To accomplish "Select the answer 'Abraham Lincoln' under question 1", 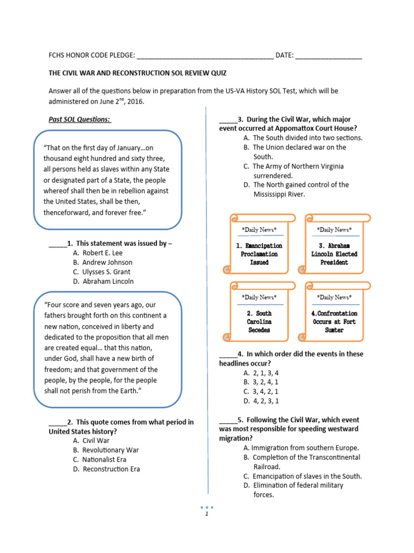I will [x=108, y=281].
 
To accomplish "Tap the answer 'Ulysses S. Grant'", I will [x=106, y=272].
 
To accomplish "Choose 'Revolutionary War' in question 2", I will [x=111, y=450].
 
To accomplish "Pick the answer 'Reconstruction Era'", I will [x=111, y=469].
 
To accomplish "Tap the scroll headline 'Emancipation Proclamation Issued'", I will [x=259, y=254].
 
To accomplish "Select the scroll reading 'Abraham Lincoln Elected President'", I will [x=334, y=254].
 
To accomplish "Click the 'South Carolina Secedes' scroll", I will [x=259, y=321].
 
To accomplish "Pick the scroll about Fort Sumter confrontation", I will [x=334, y=321].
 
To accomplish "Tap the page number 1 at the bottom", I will [x=206, y=514].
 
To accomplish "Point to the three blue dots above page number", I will [x=207, y=507].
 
